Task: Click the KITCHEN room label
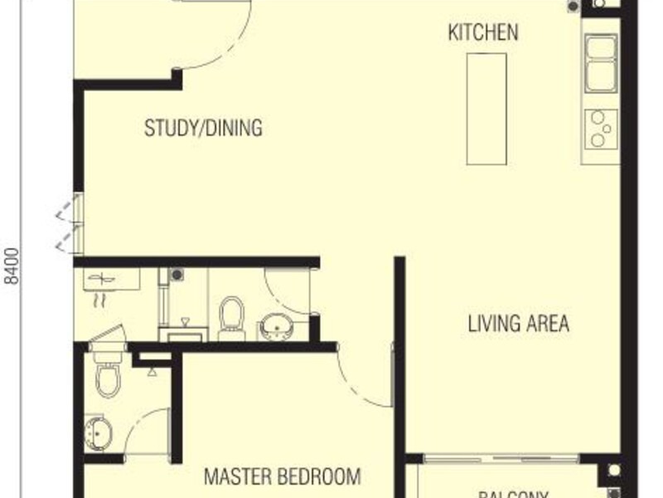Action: tap(483, 32)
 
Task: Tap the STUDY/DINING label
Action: tap(203, 129)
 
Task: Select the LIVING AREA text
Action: tap(519, 323)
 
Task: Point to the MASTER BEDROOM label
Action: tap(282, 477)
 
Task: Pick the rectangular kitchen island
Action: tap(486, 109)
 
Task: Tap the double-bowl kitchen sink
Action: tap(601, 63)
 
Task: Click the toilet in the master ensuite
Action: tap(108, 376)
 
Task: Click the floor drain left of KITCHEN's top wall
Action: tap(573, 7)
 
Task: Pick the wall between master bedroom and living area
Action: tap(399, 357)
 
